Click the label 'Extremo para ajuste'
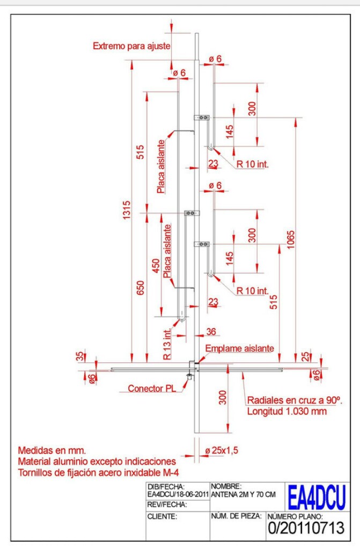click(131, 46)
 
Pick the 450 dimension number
click(156, 265)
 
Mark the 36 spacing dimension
click(211, 332)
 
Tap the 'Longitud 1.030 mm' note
click(286, 412)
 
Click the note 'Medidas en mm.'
click(52, 450)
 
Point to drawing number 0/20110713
click(305, 528)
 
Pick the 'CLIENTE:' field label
click(161, 516)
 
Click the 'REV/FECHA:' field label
click(166, 505)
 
